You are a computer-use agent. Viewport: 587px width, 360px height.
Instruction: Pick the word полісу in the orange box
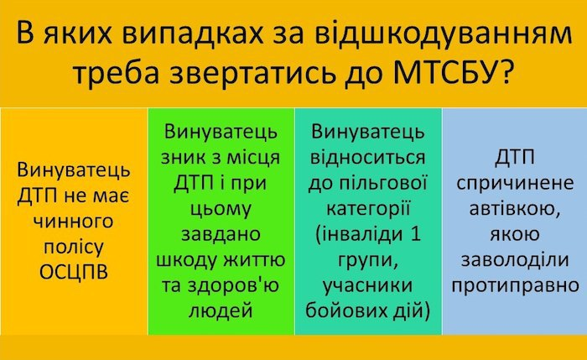(x=74, y=247)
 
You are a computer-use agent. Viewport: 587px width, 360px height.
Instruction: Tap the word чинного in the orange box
(x=74, y=222)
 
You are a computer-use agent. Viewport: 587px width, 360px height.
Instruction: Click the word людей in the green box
(x=221, y=310)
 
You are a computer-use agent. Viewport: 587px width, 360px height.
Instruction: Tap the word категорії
(x=368, y=207)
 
